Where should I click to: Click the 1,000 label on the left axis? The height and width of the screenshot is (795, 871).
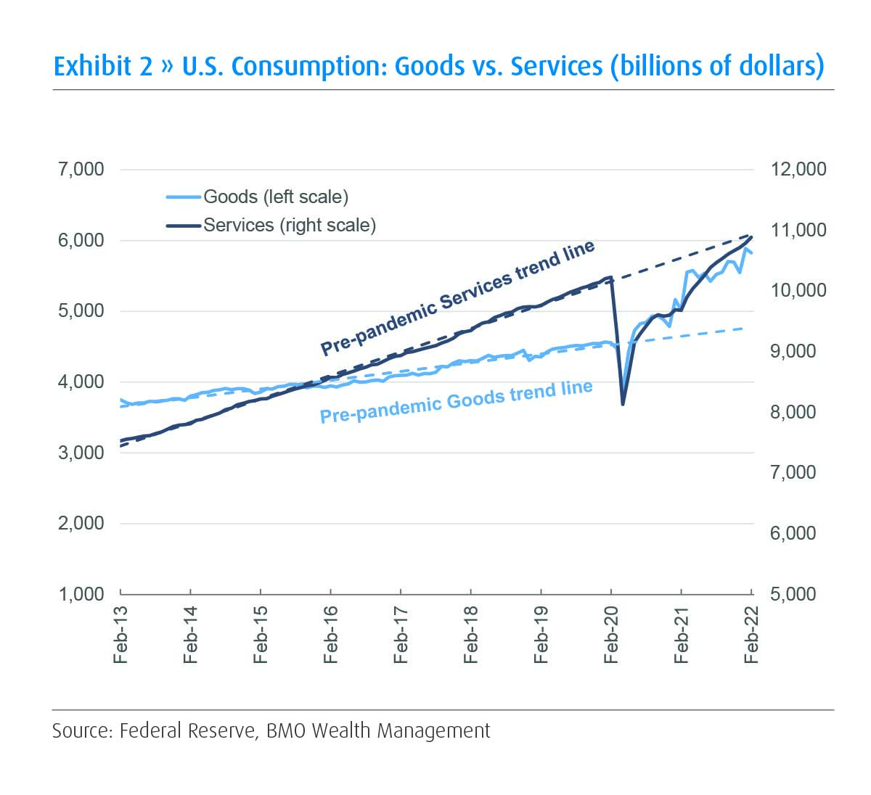click(x=81, y=594)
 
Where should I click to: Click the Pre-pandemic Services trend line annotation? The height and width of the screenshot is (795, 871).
click(x=458, y=297)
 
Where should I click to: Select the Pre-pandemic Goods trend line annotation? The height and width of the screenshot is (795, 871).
click(x=457, y=401)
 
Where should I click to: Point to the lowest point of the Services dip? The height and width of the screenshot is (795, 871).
click(x=623, y=404)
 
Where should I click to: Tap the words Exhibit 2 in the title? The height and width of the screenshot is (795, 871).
click(x=103, y=66)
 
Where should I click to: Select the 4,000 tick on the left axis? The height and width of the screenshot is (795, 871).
click(x=81, y=382)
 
